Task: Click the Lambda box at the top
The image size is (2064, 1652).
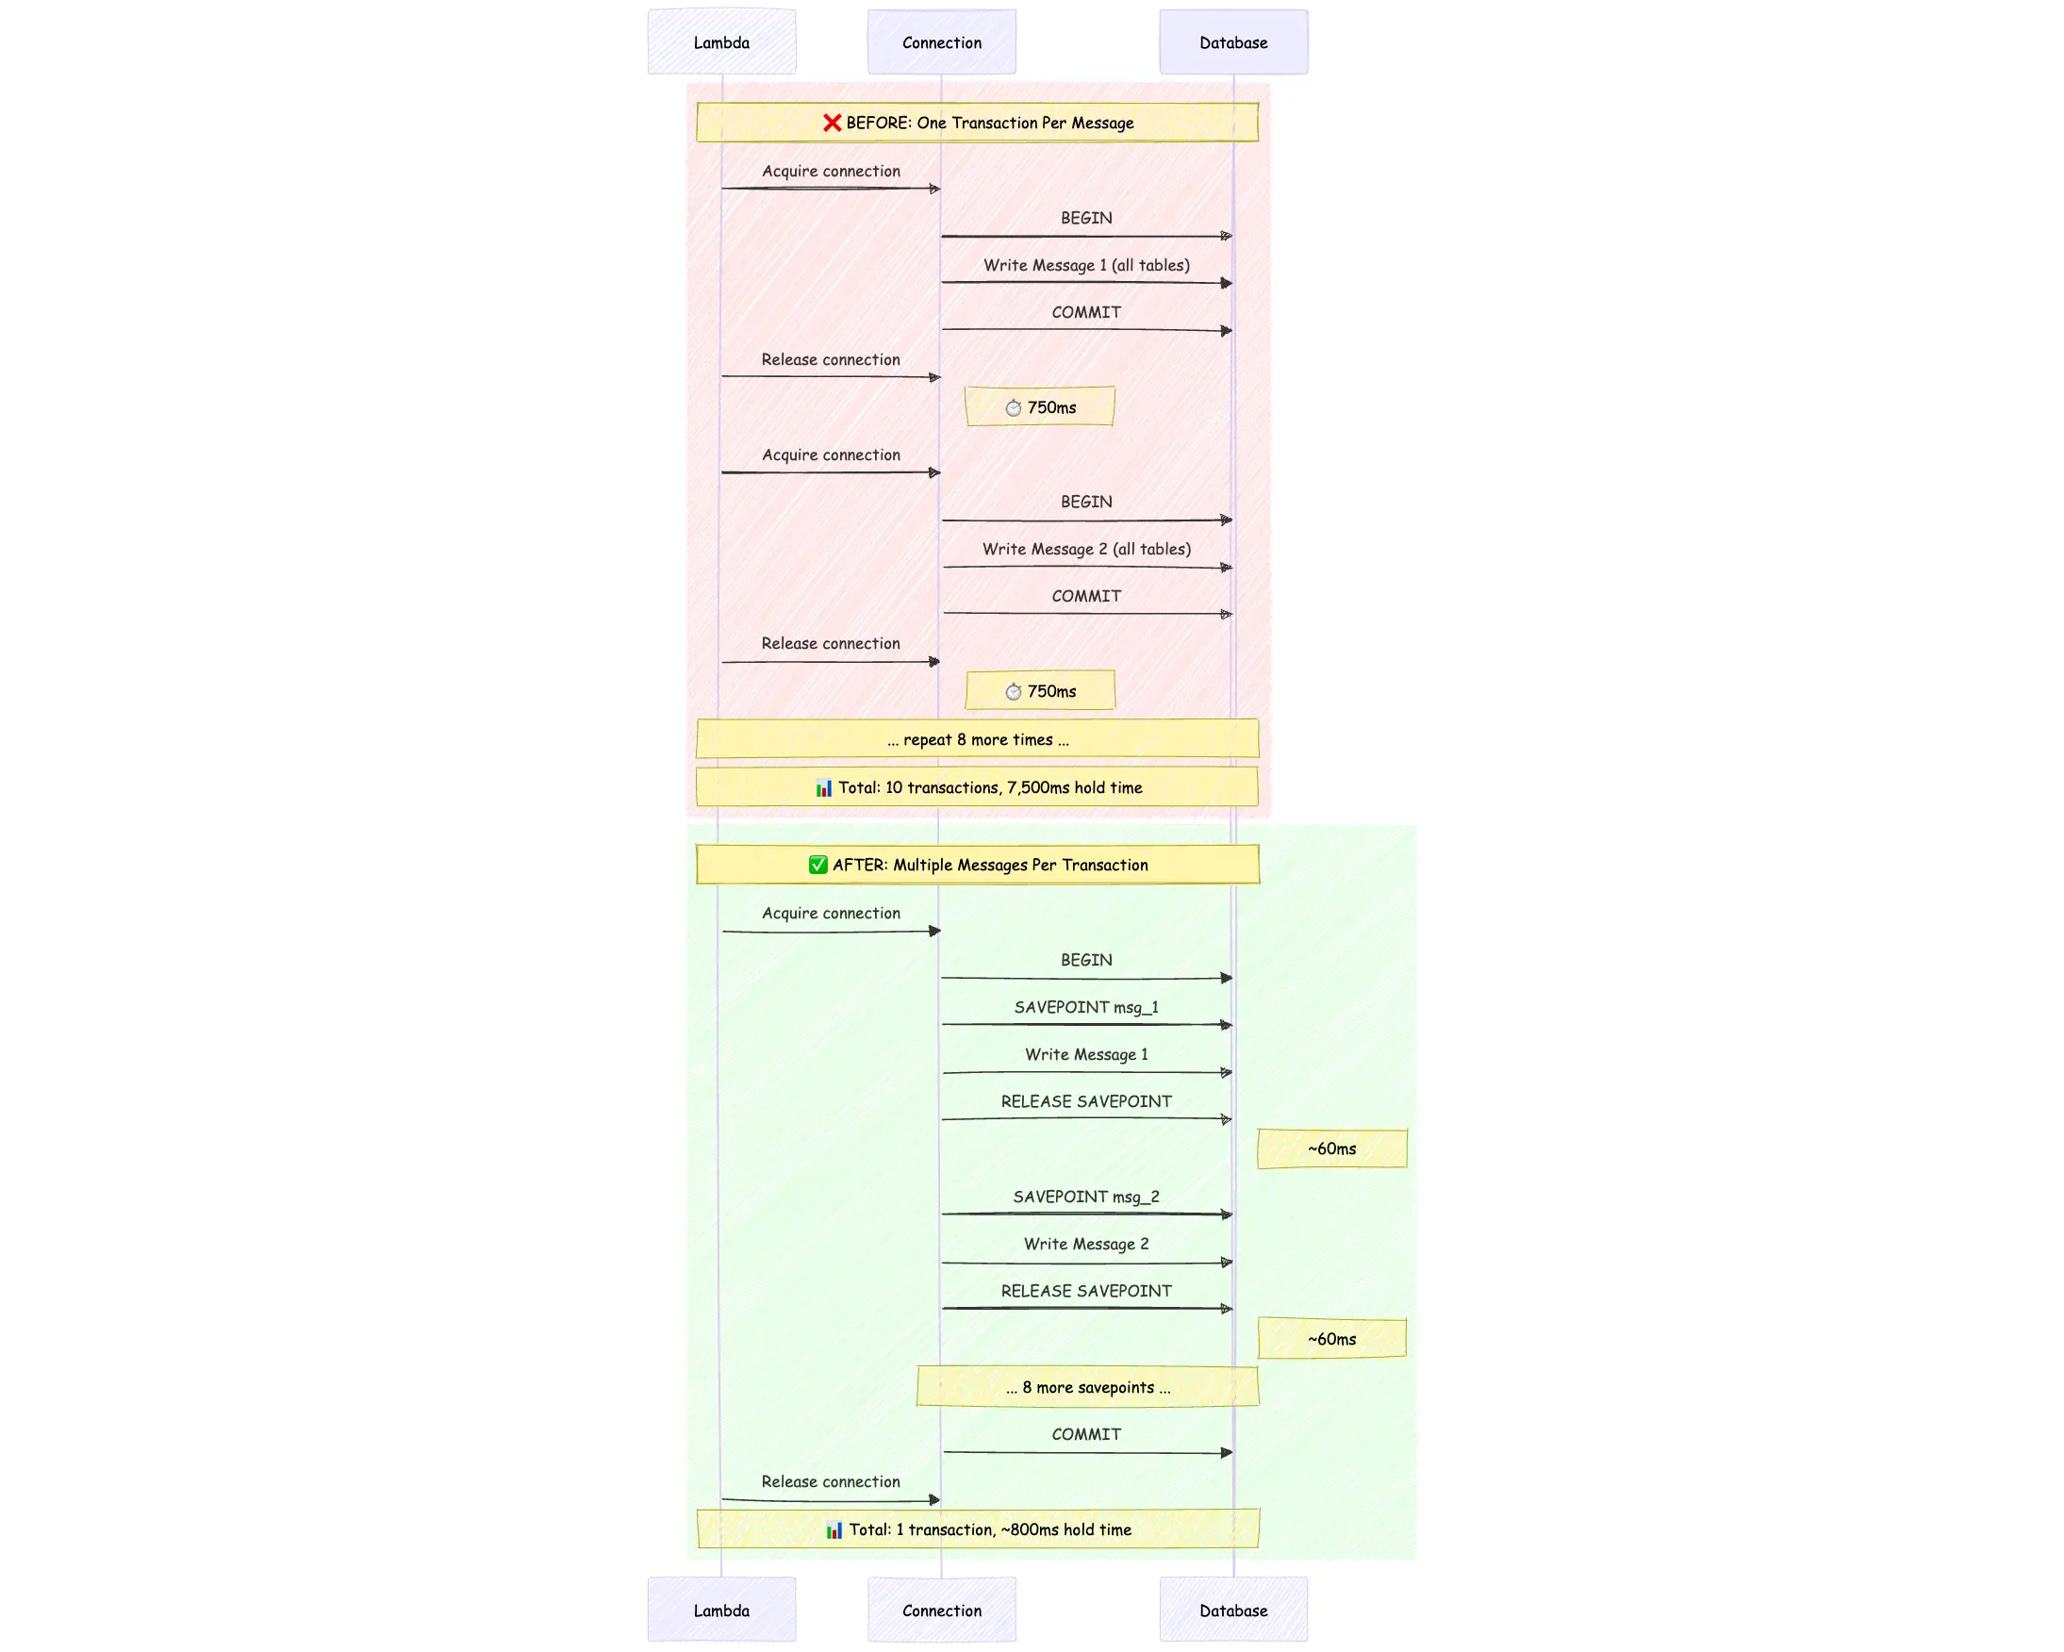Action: coord(721,42)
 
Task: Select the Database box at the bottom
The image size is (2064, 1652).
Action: coord(1233,1610)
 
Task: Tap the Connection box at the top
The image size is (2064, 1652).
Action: coord(941,42)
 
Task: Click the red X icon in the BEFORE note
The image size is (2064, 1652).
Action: coord(832,123)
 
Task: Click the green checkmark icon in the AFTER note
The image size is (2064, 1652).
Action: coord(817,865)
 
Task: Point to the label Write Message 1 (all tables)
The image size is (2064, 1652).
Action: coord(1085,265)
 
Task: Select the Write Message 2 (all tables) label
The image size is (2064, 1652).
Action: coord(1085,549)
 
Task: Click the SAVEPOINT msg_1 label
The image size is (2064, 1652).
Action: coord(1085,1007)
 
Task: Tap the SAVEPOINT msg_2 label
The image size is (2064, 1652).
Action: coord(1085,1197)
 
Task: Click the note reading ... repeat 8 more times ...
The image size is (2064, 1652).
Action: coord(977,739)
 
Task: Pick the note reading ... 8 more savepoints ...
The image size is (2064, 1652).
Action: coord(1086,1387)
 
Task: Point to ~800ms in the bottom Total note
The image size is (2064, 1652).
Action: coord(1029,1529)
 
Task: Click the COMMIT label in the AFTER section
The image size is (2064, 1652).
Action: coord(1085,1434)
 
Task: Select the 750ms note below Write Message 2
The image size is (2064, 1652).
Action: coord(1040,691)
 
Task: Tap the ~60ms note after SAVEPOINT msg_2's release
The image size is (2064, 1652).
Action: coord(1330,1339)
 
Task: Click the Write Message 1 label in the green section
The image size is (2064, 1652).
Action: coord(1085,1054)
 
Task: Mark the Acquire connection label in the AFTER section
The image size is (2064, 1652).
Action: coord(831,913)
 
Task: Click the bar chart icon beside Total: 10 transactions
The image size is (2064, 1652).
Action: coord(823,787)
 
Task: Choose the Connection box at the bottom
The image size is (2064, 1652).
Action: coord(941,1610)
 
